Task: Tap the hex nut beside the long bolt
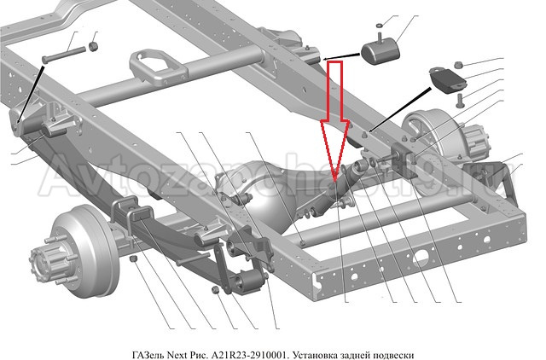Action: click(95, 43)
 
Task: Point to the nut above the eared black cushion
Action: click(459, 64)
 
